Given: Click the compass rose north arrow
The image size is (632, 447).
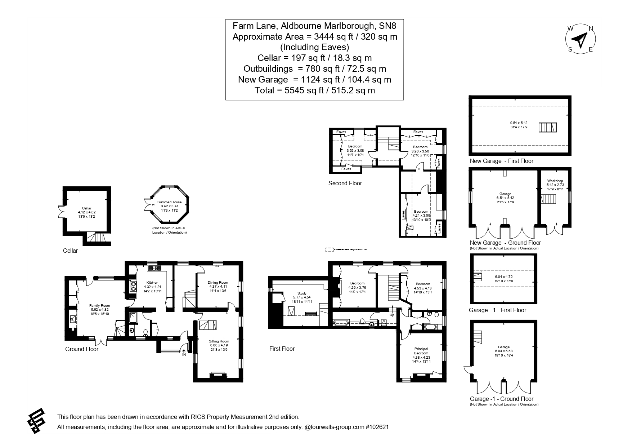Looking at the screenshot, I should click(x=580, y=40).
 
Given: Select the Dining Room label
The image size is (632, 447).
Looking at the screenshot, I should click(x=218, y=283).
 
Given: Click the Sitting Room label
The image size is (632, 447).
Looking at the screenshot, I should click(x=219, y=341).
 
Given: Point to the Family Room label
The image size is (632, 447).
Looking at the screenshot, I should click(x=100, y=306).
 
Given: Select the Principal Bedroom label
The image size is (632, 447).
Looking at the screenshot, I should click(x=421, y=351).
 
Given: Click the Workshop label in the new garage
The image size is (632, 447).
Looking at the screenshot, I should click(x=555, y=181).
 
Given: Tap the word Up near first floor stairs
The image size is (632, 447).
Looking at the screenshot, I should click(x=392, y=315).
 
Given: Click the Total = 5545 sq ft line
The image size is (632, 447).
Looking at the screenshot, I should click(x=314, y=90).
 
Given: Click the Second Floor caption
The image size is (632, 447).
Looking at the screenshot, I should click(x=345, y=183).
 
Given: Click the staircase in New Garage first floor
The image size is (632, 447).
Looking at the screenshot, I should click(x=548, y=127).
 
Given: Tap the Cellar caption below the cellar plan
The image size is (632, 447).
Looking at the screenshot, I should click(x=70, y=251).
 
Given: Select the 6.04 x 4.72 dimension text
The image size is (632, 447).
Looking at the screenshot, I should click(x=503, y=277).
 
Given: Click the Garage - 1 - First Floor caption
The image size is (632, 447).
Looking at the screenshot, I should click(x=497, y=310).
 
